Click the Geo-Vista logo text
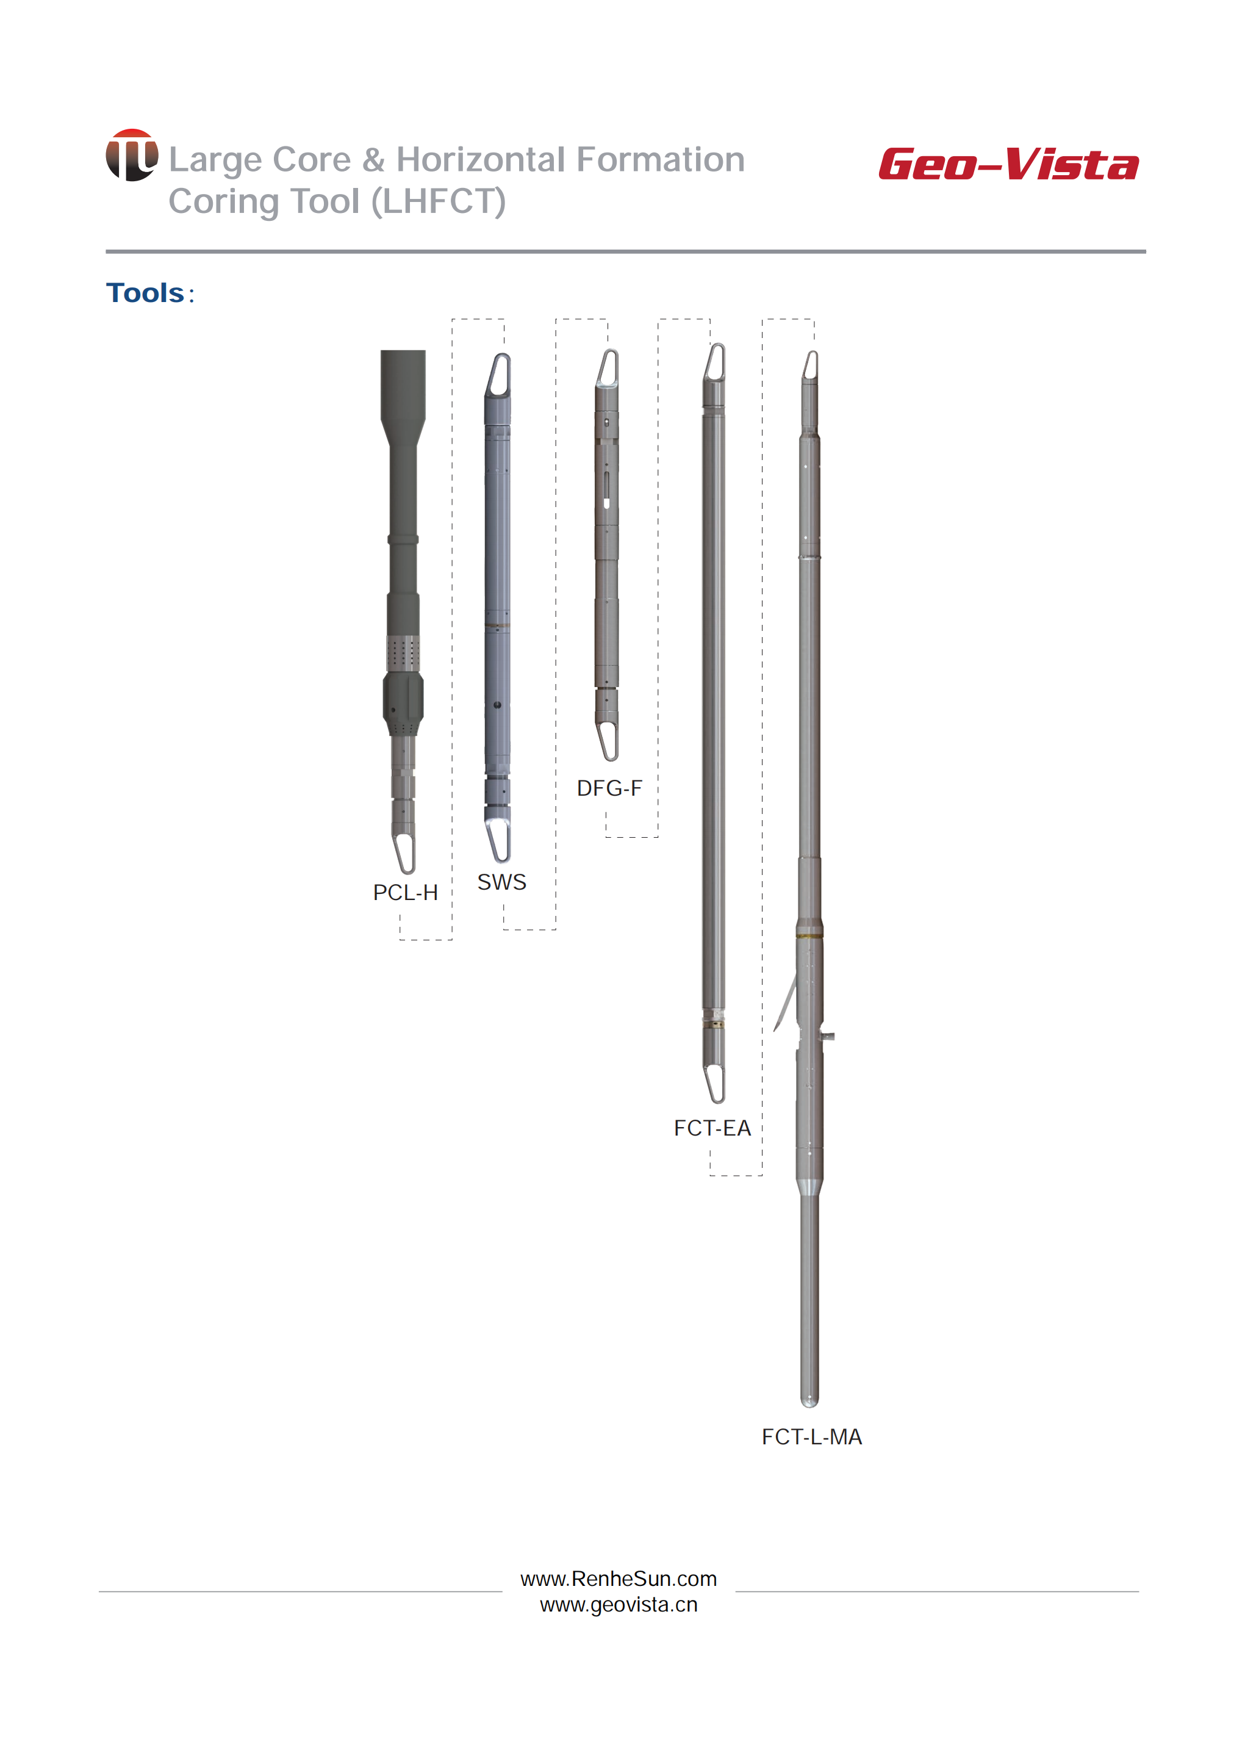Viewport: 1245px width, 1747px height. click(1008, 164)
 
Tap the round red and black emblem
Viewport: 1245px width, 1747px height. click(132, 155)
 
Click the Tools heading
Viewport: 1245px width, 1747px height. click(146, 293)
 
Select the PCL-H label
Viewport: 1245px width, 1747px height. click(406, 893)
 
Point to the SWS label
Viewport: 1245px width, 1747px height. click(502, 882)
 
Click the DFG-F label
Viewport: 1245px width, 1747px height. click(609, 788)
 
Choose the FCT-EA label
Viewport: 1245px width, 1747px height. click(712, 1128)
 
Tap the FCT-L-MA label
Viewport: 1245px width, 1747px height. click(812, 1436)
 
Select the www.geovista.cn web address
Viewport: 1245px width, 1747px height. click(619, 1604)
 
